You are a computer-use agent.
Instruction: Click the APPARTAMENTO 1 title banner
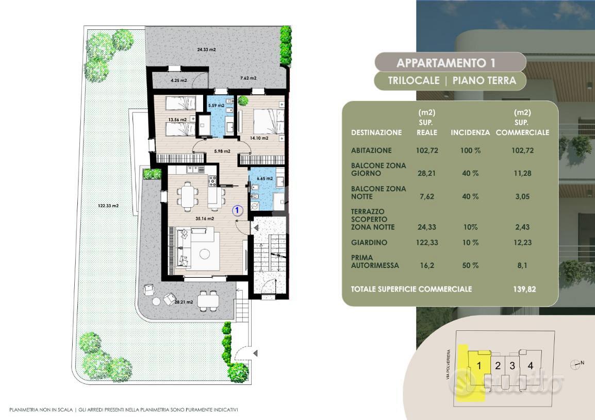pos(450,62)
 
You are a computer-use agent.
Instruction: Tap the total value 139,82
pos(524,289)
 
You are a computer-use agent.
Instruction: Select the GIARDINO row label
pos(369,242)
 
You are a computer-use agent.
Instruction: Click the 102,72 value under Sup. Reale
pos(427,150)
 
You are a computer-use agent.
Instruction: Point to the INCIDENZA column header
pos(470,132)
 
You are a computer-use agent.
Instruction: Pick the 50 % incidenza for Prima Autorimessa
pos(470,265)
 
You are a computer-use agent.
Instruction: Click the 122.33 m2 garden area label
pos(108,206)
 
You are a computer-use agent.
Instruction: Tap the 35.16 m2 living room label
pos(205,219)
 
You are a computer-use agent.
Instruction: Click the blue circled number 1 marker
pos(238,210)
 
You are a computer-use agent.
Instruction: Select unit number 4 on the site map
pos(530,365)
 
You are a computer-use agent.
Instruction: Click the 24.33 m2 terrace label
pos(206,49)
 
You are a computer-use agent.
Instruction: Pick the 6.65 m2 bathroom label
pos(265,178)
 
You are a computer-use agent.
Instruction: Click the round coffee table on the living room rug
pos(205,254)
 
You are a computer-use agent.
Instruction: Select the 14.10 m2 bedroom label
pos(259,138)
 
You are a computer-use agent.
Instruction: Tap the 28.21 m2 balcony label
pos(184,302)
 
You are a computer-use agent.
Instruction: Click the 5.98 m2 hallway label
pos(222,151)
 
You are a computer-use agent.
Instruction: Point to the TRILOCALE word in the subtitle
pos(414,80)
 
